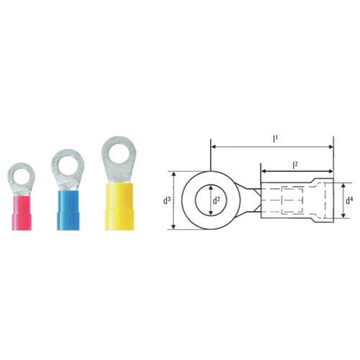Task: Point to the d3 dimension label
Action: [x=167, y=199]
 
